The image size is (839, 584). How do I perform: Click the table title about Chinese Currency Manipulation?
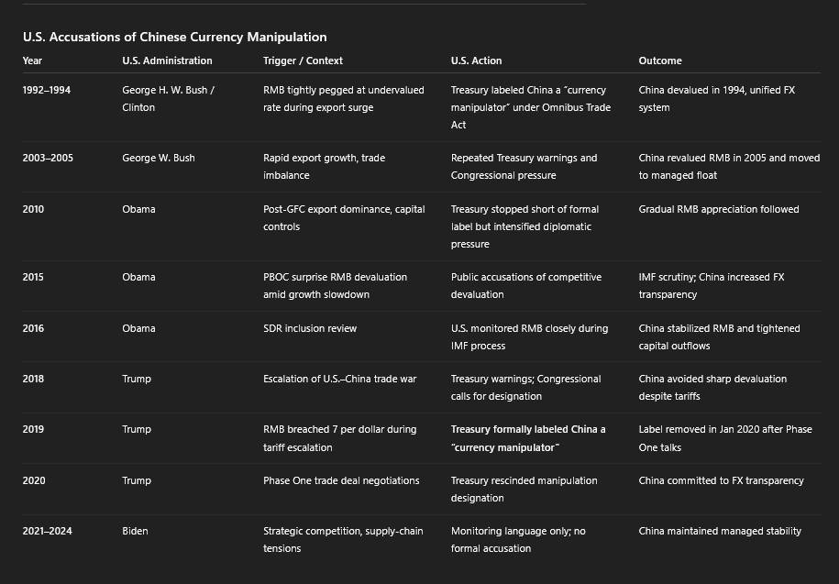[174, 38]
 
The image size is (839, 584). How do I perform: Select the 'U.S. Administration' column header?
[167, 61]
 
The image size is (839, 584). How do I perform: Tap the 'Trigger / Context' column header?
[303, 61]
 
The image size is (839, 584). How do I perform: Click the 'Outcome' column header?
[660, 61]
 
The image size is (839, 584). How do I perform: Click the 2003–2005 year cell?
[48, 158]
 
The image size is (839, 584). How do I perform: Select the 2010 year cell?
[33, 209]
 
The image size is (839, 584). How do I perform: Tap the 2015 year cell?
[33, 277]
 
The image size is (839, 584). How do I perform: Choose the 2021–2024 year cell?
[48, 531]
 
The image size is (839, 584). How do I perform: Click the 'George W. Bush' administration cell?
[158, 158]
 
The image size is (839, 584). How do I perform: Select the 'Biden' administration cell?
[136, 531]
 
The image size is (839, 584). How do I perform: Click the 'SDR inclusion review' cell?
[310, 328]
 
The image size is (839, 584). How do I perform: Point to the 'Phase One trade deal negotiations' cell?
[340, 480]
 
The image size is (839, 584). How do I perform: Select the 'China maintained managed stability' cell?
[720, 531]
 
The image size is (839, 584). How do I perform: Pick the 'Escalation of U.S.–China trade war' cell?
[339, 379]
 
